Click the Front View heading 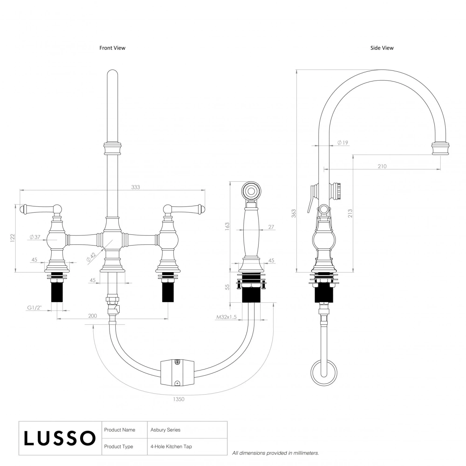112,48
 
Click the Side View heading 382,48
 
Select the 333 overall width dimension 135,187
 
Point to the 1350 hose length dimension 179,399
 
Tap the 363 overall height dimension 294,213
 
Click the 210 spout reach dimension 382,166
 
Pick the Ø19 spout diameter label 343,143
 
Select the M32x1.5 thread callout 226,317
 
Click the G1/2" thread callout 34,308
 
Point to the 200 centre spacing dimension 93,316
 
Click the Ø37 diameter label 35,237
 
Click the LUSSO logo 60,438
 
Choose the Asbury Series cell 166,430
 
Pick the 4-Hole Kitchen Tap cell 171,446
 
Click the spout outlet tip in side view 440,148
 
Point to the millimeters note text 276,453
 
